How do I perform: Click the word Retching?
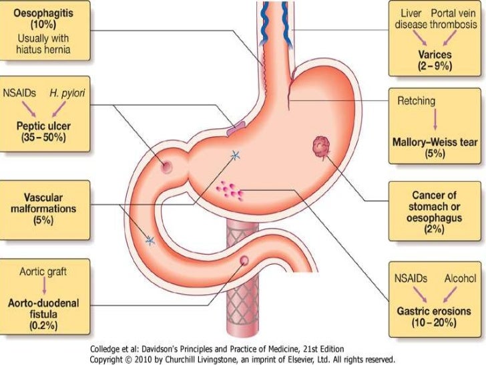pos(416,102)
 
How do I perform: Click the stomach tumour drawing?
pos(320,146)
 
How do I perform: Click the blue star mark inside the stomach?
pos(234,156)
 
